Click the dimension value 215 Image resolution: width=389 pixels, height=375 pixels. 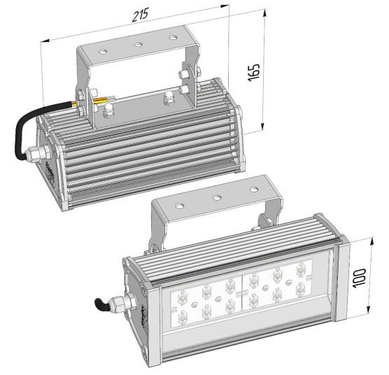[x=141, y=15]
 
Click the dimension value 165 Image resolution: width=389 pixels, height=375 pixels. [x=253, y=72]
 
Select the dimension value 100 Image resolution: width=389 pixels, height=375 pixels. [x=359, y=278]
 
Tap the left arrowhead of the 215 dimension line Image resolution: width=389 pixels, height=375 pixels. [x=45, y=41]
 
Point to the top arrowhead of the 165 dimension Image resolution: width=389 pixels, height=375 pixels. [x=265, y=13]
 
